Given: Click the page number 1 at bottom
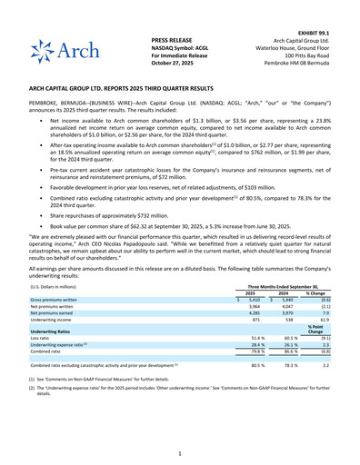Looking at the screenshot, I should pyautogui.click(x=180, y=452).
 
